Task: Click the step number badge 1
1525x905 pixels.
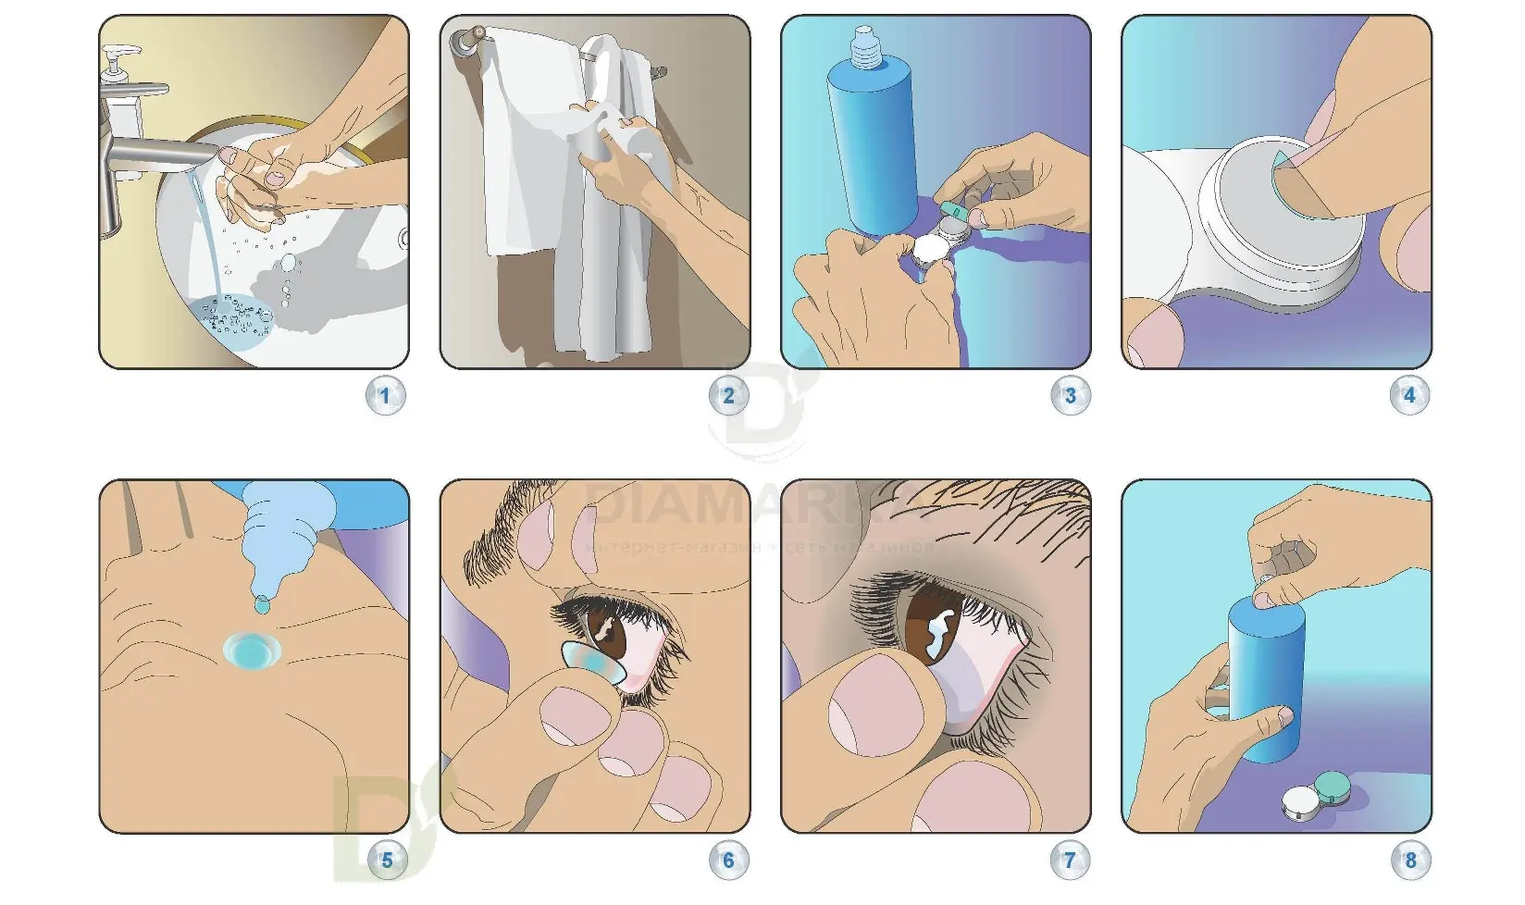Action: [x=385, y=397]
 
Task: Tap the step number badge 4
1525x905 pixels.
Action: [x=1409, y=396]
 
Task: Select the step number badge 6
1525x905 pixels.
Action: [x=727, y=861]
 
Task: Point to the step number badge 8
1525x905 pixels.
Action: [x=1410, y=861]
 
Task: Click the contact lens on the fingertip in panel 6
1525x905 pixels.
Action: [x=589, y=663]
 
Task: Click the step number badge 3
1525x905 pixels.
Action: [x=1070, y=396]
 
